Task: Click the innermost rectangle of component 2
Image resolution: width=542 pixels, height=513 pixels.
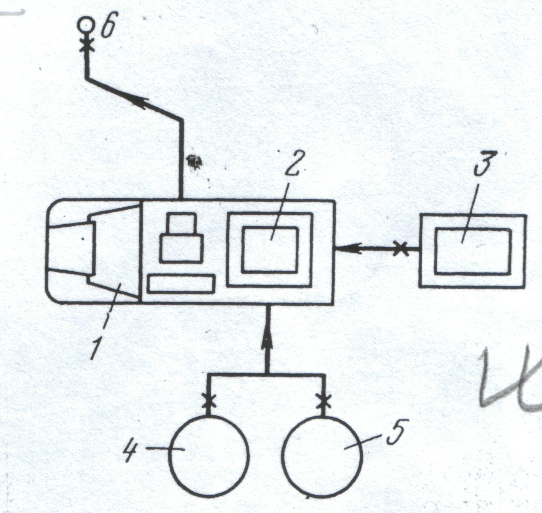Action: click(270, 249)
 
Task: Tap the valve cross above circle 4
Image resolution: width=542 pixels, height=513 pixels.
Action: click(209, 401)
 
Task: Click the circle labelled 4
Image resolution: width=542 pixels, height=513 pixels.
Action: click(209, 455)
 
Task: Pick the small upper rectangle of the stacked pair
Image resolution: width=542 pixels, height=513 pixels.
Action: click(181, 223)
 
